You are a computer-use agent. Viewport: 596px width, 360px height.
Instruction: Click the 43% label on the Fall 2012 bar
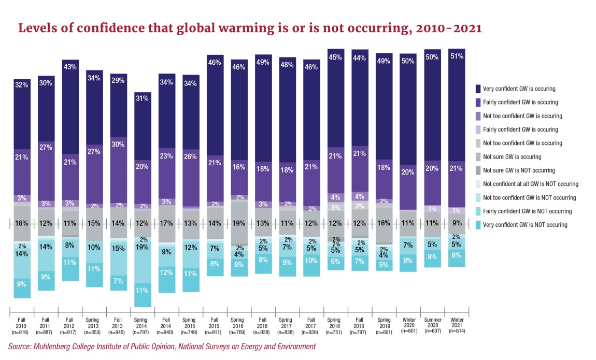pyautogui.click(x=70, y=67)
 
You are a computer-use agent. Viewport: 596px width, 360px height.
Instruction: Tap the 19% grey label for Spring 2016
pyautogui.click(x=239, y=224)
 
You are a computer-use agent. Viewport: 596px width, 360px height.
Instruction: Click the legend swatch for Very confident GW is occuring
pyautogui.click(x=478, y=89)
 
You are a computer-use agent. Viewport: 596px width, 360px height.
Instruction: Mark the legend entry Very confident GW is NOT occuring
pyautogui.click(x=525, y=225)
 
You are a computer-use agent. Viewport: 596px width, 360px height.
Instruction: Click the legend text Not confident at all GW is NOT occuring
pyautogui.click(x=530, y=184)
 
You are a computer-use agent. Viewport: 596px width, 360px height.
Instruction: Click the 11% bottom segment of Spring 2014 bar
pyautogui.click(x=142, y=291)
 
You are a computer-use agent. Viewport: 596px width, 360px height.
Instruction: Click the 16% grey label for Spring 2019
pyautogui.click(x=384, y=224)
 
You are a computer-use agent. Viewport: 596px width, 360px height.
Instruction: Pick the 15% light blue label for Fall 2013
pyautogui.click(x=118, y=248)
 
